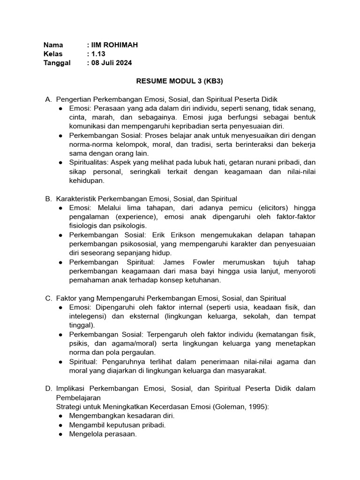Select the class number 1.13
98,54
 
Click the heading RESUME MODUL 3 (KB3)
180,81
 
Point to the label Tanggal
57,63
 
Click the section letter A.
48,99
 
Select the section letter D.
48,389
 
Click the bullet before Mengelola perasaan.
61,434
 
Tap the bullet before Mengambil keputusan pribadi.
61,425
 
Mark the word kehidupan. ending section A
87,180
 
